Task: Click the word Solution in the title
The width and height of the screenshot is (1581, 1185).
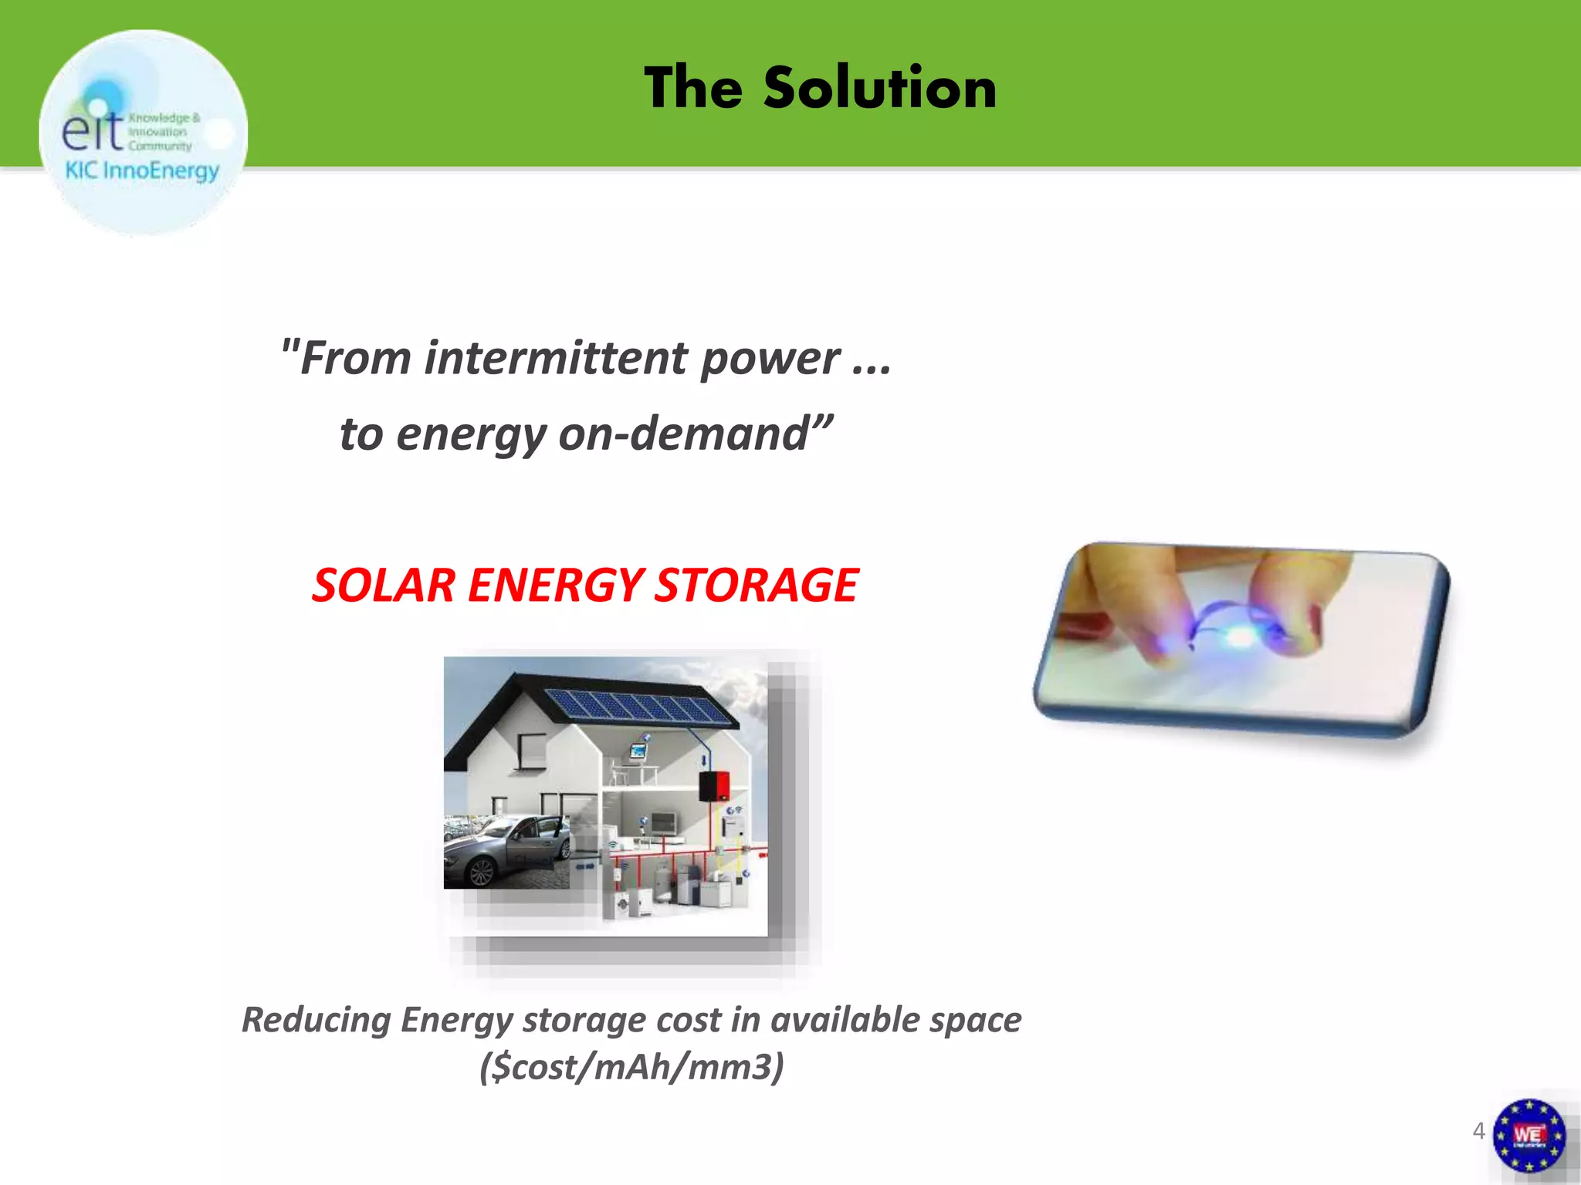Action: (x=880, y=88)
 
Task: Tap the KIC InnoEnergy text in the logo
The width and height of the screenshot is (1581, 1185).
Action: (x=142, y=170)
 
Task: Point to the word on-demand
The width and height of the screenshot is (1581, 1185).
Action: (x=695, y=434)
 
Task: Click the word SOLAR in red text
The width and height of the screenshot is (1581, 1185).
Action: (x=384, y=585)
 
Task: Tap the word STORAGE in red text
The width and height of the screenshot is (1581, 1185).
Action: (x=757, y=585)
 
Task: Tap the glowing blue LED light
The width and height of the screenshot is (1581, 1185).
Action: (x=1239, y=637)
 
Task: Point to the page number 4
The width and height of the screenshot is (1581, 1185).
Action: (x=1478, y=1131)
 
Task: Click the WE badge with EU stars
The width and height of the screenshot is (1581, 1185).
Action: (x=1529, y=1135)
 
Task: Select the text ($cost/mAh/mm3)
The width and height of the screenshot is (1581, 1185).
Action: (x=631, y=1068)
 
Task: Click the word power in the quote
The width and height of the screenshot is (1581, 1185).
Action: (x=770, y=360)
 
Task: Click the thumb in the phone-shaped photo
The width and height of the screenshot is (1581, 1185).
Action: (x=1305, y=602)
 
